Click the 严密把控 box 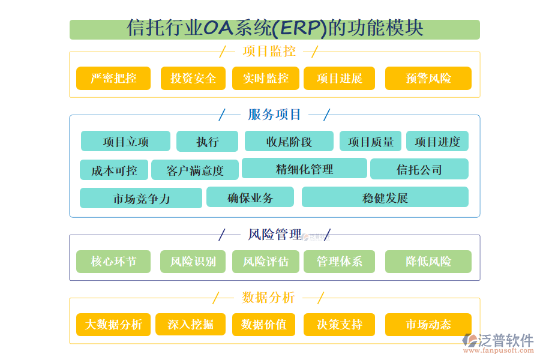click(113, 79)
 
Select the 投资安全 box click(193, 79)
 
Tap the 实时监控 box click(266, 79)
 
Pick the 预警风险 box click(428, 79)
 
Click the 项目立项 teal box click(125, 142)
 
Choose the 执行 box click(207, 142)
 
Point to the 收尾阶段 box click(289, 142)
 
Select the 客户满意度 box click(195, 170)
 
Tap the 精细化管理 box click(304, 169)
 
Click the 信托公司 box click(419, 169)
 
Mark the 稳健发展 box click(385, 197)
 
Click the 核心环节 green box click(113, 262)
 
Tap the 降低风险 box click(428, 262)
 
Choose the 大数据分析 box click(113, 325)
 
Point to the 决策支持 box click(340, 325)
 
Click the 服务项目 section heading click(275, 114)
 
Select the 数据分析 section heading click(268, 297)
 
